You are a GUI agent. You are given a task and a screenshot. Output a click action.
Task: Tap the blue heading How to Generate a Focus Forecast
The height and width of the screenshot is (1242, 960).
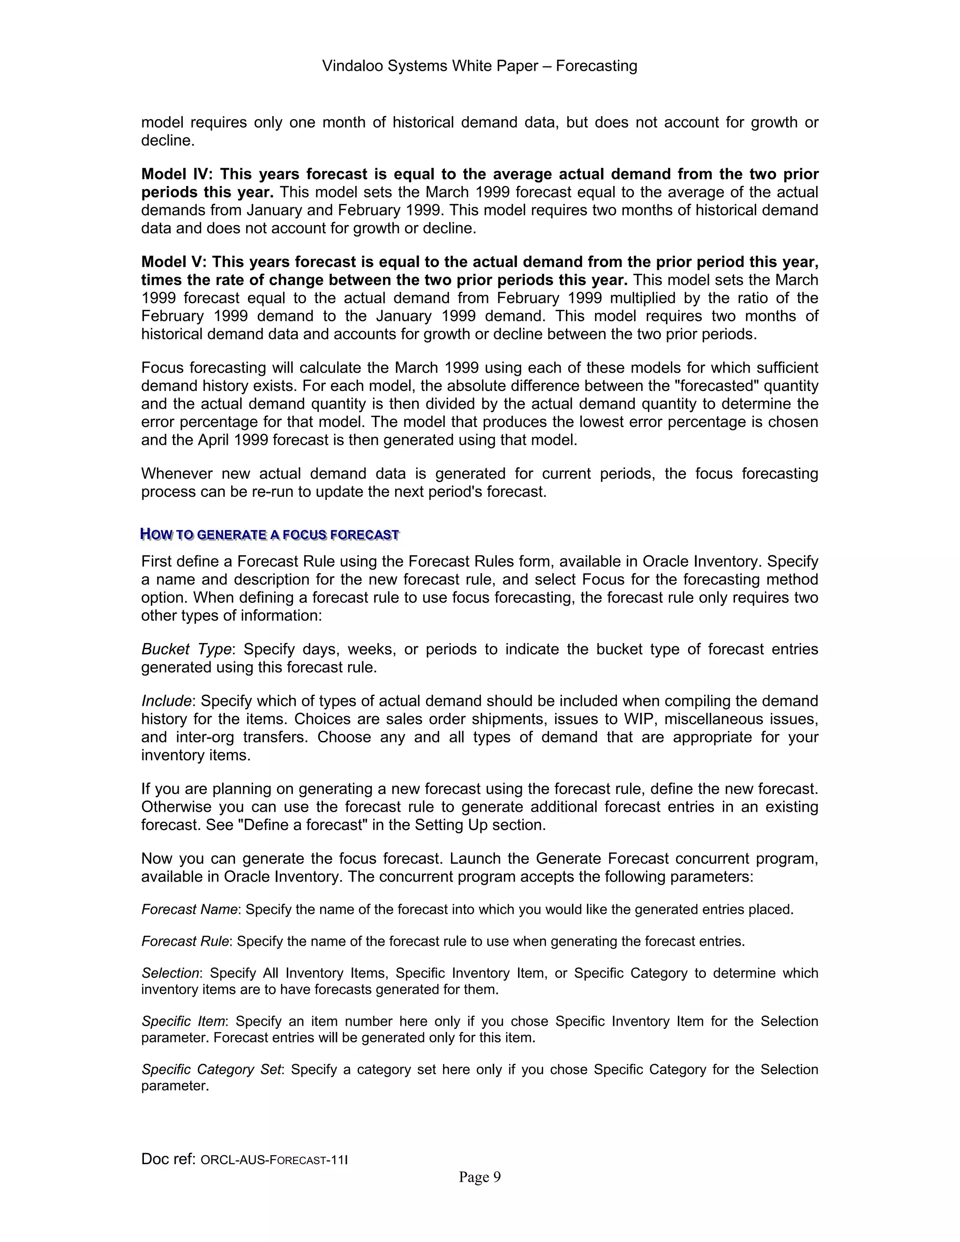coord(270,535)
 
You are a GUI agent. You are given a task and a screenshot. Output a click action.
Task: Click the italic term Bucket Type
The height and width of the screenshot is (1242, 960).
coord(187,650)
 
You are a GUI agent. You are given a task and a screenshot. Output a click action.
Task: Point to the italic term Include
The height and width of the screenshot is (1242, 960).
coord(166,701)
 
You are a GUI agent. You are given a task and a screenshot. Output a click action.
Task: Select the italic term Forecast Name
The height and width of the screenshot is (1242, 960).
coord(189,910)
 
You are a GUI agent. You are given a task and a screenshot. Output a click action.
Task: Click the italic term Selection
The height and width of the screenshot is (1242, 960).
coord(170,973)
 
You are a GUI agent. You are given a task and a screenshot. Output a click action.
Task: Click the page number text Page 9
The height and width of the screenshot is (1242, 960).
coord(480,1177)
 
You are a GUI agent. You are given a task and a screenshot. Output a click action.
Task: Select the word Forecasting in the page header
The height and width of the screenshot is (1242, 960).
coord(596,66)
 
